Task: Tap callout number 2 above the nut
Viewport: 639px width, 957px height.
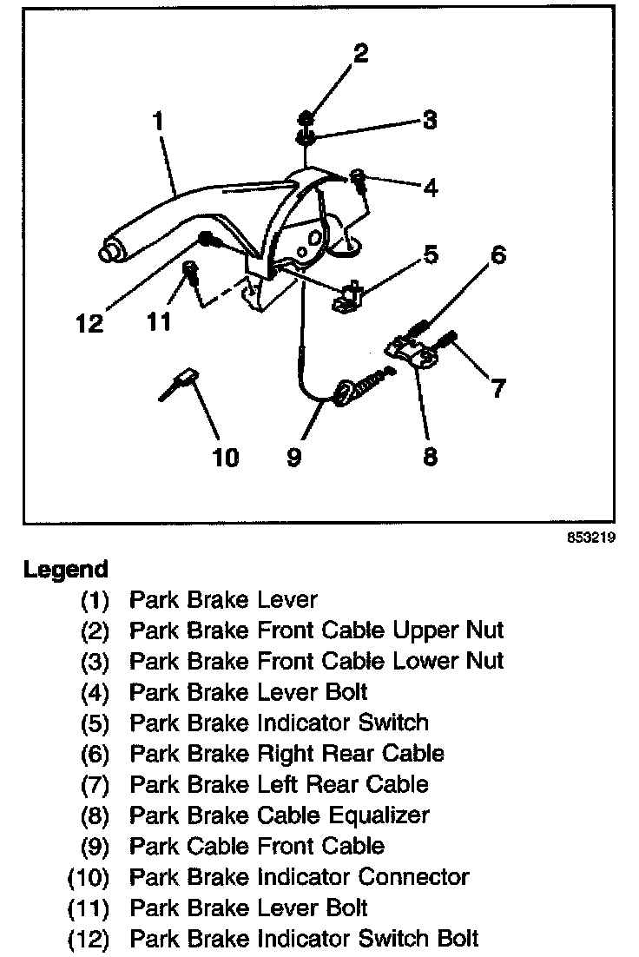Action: click(360, 54)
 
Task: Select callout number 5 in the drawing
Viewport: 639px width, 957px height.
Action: click(430, 255)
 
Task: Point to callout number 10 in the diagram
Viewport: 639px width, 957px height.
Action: click(226, 456)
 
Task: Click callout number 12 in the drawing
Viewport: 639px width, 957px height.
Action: click(89, 324)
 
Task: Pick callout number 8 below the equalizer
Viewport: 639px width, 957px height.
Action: click(430, 456)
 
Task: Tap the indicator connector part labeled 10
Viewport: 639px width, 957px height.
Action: click(183, 380)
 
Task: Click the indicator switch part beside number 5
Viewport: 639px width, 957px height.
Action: click(349, 296)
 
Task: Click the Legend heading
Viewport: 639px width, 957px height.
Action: click(66, 570)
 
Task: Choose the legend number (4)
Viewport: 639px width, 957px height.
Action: click(95, 692)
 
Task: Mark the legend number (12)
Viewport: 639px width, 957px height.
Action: click(89, 939)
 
